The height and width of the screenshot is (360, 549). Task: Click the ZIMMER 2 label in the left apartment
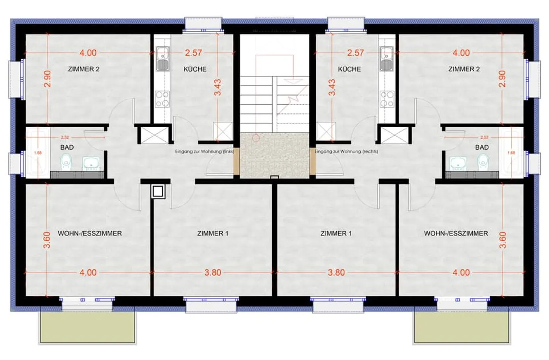tap(83, 69)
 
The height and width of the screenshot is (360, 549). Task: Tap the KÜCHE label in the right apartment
tap(349, 69)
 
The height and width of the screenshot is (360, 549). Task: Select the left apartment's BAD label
tap(67, 147)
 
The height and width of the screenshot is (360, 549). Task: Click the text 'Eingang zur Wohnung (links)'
tap(204, 152)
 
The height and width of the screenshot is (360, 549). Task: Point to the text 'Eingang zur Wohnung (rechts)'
tap(347, 152)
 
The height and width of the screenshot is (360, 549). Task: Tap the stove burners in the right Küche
tap(387, 99)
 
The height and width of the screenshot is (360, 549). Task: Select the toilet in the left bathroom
tap(66, 162)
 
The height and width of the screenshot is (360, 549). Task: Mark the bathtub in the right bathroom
tap(511, 152)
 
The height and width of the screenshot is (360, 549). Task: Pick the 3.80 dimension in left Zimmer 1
tap(213, 272)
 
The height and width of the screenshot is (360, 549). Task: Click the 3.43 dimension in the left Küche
tap(217, 87)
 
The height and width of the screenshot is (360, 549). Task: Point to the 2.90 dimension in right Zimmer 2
tap(502, 78)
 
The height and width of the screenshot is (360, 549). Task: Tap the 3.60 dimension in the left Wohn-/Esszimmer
tap(47, 240)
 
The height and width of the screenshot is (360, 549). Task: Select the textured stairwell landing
tap(274, 155)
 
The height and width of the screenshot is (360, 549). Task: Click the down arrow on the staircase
tap(293, 81)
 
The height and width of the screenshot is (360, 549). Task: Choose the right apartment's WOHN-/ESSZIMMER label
tap(456, 233)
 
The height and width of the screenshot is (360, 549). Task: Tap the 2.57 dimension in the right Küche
tap(355, 53)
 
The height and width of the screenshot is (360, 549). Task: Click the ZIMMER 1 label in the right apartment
tap(336, 233)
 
